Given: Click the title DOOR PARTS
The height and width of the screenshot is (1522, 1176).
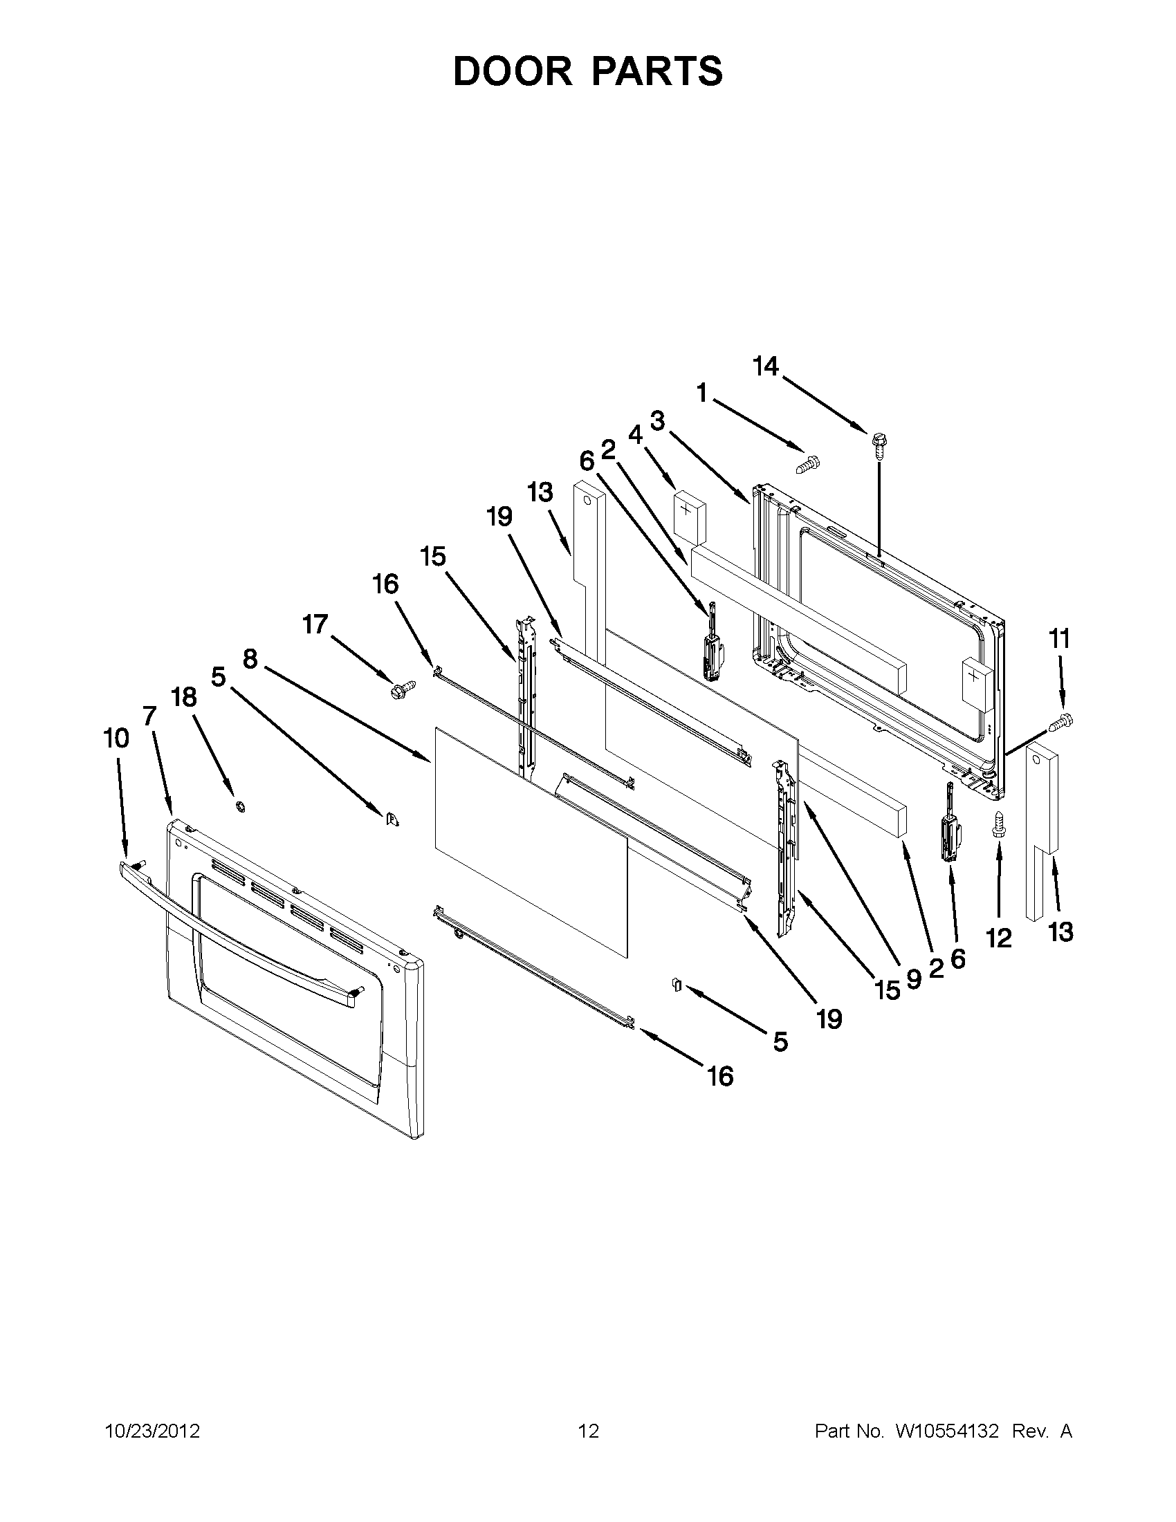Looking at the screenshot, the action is click(587, 71).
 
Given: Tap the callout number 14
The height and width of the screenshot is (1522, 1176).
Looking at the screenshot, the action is click(765, 366).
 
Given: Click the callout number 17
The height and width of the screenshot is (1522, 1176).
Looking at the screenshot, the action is click(315, 624).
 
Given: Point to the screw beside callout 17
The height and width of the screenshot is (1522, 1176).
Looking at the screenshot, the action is click(402, 691).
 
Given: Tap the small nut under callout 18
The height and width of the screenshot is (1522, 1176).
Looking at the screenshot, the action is click(240, 806).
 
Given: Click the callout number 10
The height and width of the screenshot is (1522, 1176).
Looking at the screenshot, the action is click(116, 739).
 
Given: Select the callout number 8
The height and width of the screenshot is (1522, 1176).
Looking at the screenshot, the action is click(250, 658).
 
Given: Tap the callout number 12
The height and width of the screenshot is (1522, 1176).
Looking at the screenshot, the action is click(998, 938).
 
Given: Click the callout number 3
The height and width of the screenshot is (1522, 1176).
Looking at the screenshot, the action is click(657, 421).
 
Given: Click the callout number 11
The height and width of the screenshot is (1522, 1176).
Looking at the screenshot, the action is click(1060, 639).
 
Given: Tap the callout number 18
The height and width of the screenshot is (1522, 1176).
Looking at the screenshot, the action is click(184, 698).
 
